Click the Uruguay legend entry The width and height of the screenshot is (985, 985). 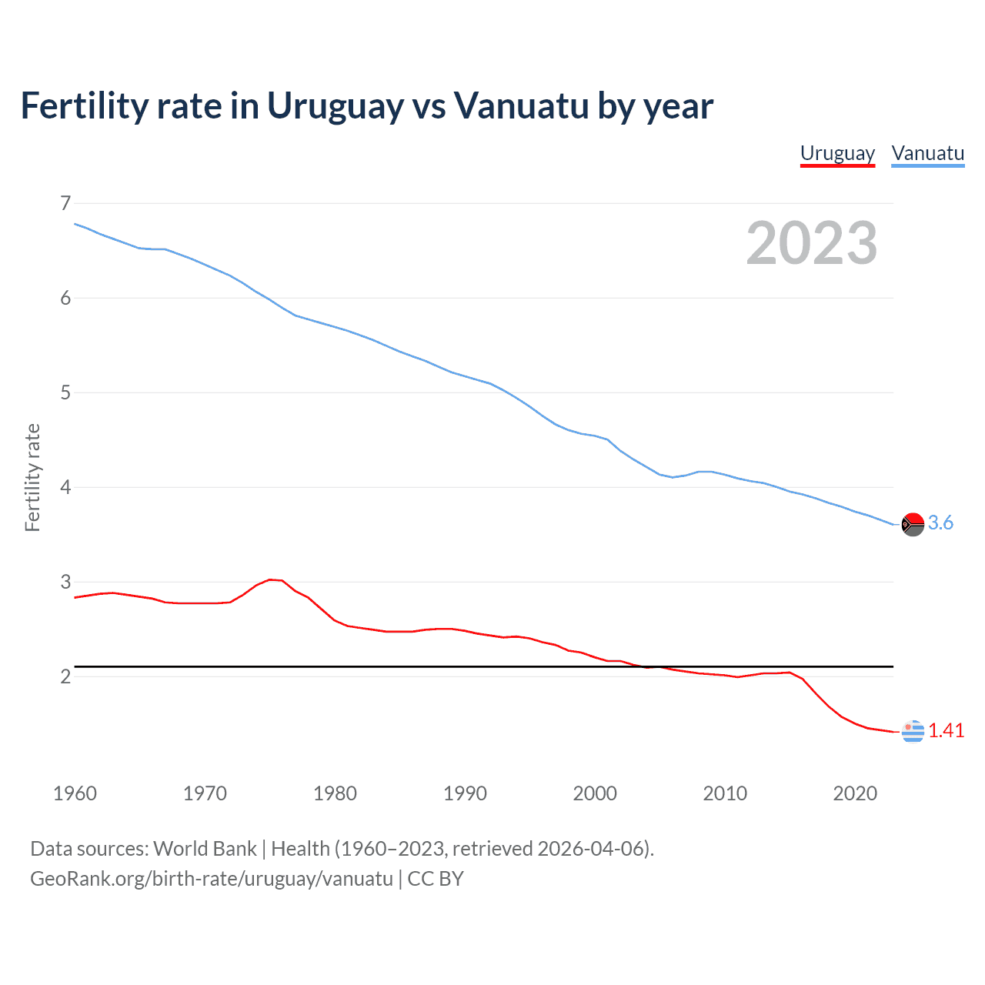pos(837,153)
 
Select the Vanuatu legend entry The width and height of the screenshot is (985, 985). pos(927,153)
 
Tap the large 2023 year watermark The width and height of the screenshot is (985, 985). pos(812,243)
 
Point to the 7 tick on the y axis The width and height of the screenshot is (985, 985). pos(65,203)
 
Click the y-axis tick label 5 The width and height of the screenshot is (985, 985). pos(65,392)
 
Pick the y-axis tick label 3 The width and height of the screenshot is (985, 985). pos(65,582)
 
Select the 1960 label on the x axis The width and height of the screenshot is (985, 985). pos(75,793)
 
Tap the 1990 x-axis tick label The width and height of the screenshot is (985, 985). pos(465,793)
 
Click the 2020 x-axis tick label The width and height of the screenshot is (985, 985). pos(855,793)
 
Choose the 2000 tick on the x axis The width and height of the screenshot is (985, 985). pos(595,793)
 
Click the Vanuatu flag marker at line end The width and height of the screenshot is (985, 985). pos(913,524)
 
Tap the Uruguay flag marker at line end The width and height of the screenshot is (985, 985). pos(913,731)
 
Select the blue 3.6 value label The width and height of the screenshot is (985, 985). pos(940,523)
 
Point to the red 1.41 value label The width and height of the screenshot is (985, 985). pos(946,730)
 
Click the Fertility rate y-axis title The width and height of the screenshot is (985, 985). pos(32,477)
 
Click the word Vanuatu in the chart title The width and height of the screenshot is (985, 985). pos(521,105)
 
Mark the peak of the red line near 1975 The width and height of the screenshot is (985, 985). pos(270,579)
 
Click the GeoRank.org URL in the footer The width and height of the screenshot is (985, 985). pos(212,879)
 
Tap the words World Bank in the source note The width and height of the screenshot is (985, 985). pos(205,849)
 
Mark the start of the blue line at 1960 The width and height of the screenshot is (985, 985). pos(75,224)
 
